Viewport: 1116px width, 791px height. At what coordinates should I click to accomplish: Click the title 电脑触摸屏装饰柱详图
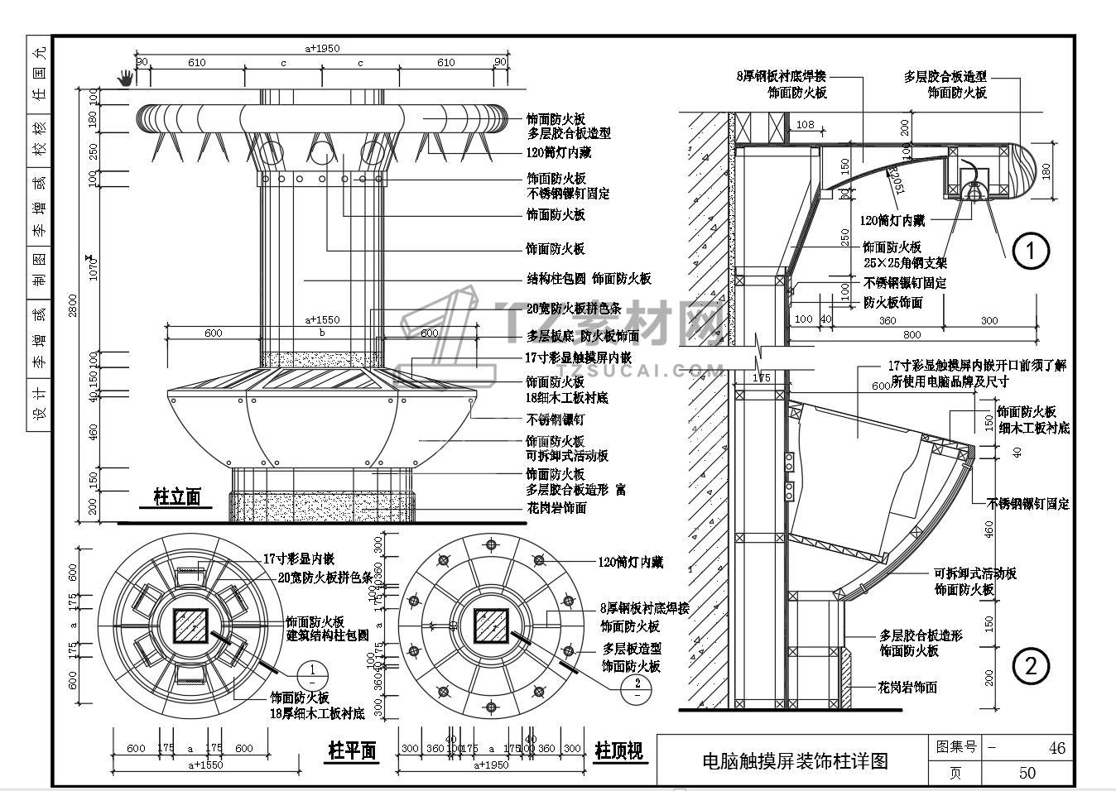794,760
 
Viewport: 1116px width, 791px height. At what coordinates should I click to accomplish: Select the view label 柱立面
177,496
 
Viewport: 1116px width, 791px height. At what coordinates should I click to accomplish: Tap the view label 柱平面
352,750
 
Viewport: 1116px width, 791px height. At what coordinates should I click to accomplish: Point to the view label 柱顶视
618,750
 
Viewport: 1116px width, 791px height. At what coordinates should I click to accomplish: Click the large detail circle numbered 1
1032,250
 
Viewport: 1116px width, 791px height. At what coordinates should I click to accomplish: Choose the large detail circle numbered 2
1032,666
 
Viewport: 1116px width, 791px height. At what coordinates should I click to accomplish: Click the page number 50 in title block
1027,773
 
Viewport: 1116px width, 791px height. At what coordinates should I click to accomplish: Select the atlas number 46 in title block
1056,748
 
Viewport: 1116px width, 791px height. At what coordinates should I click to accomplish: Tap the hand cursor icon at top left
126,78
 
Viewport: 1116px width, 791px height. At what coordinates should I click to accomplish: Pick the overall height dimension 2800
73,304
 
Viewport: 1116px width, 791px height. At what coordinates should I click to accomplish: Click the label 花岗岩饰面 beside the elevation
556,507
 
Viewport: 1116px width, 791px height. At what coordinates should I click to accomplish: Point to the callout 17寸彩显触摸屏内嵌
578,357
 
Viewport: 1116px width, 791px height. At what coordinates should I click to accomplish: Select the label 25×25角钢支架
905,263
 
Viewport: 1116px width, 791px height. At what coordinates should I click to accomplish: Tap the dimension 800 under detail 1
912,335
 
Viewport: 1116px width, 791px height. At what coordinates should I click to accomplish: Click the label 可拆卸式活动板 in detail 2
975,573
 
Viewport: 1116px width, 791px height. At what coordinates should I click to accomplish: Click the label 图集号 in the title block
956,747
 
